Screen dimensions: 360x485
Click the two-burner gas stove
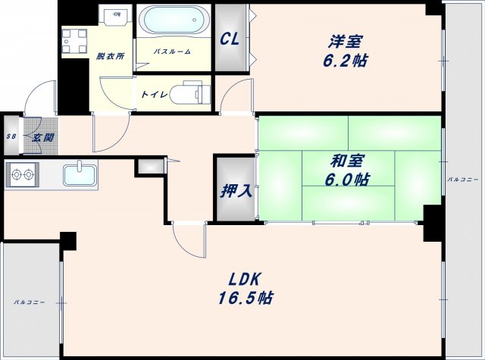click(22, 176)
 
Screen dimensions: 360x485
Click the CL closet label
click(230, 39)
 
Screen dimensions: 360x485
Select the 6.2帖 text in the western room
click(346, 61)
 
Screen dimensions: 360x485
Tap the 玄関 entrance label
click(42, 137)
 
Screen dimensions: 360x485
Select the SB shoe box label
click(11, 137)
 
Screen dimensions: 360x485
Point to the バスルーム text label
click(172, 51)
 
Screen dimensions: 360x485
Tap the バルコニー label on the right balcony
click(462, 180)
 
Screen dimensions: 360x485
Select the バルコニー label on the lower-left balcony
click(29, 302)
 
